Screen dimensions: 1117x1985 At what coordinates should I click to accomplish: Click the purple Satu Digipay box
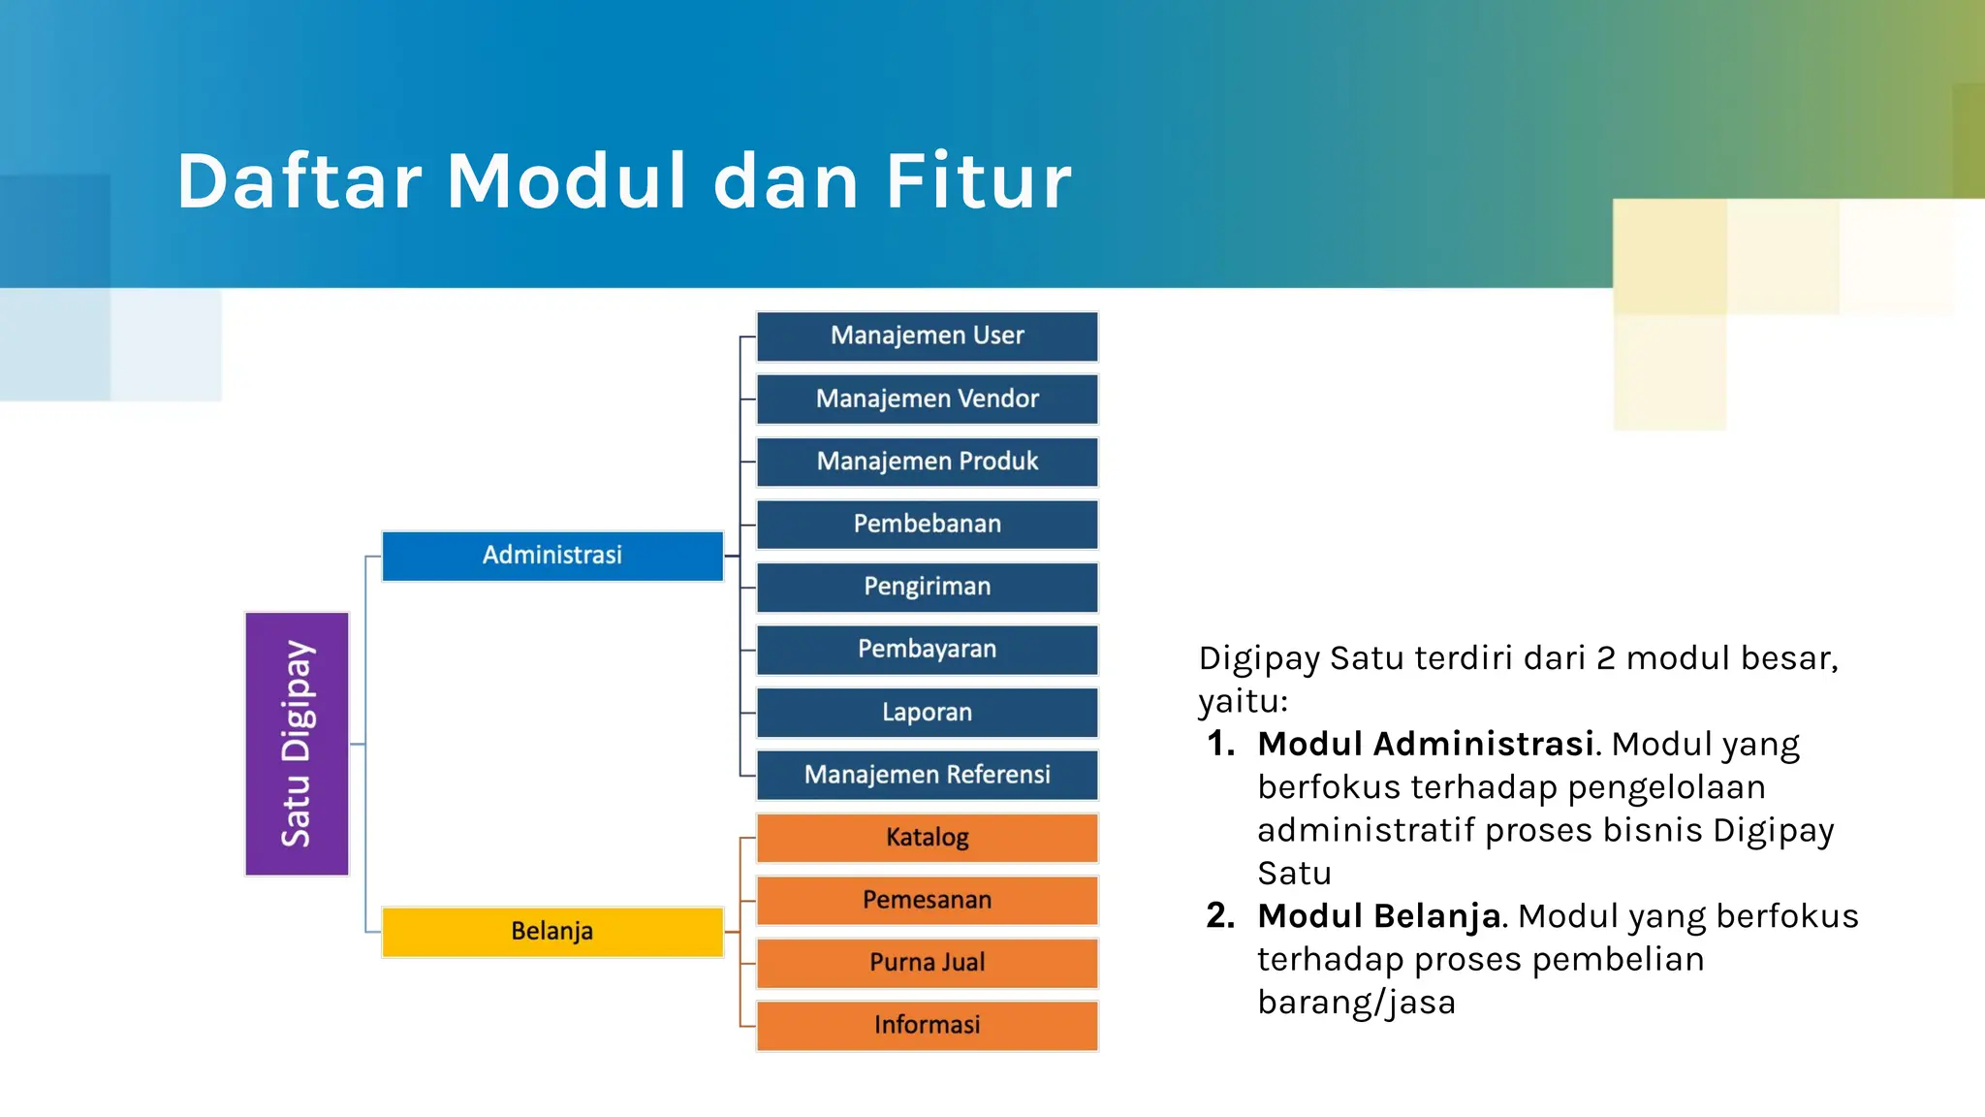[297, 744]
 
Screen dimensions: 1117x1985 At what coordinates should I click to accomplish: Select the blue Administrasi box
[552, 556]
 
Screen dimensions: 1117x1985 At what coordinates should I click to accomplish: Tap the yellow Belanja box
[552, 932]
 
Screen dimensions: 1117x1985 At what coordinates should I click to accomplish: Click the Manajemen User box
[927, 336]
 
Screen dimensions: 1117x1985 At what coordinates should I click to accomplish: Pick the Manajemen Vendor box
[927, 399]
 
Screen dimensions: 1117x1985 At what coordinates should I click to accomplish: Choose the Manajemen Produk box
[927, 462]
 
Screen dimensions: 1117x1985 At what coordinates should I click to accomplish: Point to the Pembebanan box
[927, 525]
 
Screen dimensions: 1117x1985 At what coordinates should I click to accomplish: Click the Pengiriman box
[927, 587]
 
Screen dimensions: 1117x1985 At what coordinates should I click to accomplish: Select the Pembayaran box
[927, 650]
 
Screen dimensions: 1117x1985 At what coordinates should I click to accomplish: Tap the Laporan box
[927, 713]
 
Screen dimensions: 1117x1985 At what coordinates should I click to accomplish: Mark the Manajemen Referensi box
[927, 775]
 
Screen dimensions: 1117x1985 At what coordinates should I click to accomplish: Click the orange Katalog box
[927, 838]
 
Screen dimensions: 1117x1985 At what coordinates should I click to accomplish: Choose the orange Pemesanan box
[927, 900]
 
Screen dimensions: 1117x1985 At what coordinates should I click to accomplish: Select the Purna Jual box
[927, 963]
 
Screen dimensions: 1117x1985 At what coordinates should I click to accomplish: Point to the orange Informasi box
[927, 1026]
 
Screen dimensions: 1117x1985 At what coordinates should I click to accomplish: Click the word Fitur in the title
[979, 181]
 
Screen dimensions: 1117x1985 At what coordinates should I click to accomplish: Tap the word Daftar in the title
[299, 181]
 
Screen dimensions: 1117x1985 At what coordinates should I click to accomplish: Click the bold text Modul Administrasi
[1426, 744]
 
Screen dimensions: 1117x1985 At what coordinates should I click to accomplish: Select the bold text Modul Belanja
[1378, 916]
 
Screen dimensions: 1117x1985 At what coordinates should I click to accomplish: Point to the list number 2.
[1219, 916]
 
